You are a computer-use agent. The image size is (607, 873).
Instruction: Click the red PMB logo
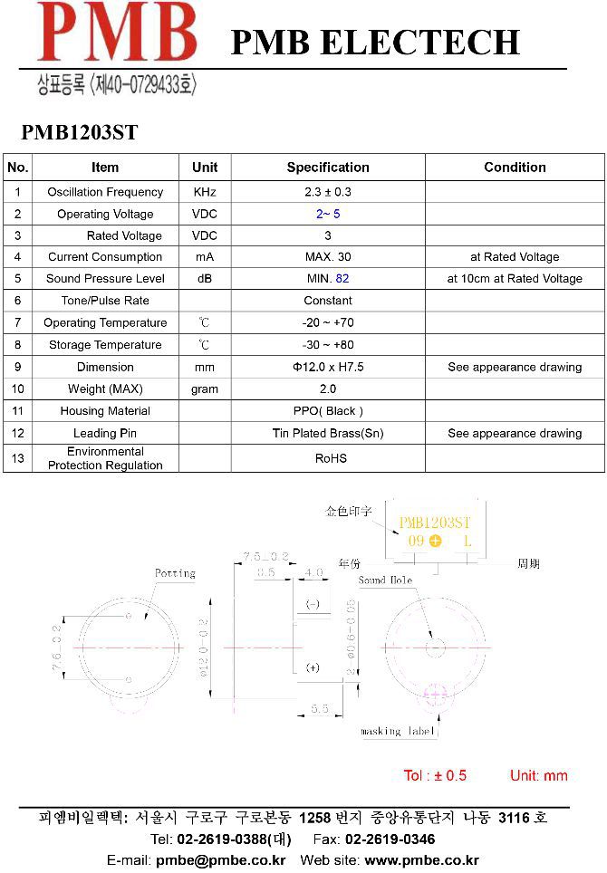point(116,34)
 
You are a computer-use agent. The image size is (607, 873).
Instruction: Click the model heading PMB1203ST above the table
point(80,133)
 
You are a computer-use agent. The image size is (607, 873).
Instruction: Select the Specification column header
point(328,168)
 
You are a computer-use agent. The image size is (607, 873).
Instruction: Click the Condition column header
point(515,168)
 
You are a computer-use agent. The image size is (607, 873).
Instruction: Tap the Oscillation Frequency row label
point(105,192)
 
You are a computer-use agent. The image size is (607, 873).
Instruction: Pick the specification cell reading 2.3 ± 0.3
point(328,192)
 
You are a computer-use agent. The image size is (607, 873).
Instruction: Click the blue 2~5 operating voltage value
point(328,215)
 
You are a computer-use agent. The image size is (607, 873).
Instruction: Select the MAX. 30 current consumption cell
point(328,257)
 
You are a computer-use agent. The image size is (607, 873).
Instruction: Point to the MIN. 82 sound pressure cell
point(328,279)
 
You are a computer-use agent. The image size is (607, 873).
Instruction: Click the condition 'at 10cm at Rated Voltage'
point(515,279)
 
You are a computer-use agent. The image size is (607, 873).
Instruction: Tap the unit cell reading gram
point(205,389)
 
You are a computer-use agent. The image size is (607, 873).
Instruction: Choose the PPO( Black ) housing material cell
point(328,411)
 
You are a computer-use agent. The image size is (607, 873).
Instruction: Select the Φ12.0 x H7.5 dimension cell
point(328,368)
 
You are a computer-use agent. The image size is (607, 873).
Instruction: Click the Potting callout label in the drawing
point(175,573)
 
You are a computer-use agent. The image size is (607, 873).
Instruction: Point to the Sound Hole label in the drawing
point(385,580)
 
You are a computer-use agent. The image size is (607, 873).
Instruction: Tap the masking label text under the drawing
point(398,731)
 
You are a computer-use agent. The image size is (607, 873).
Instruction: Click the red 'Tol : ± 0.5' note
point(435,775)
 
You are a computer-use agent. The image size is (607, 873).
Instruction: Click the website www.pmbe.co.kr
point(421,860)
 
